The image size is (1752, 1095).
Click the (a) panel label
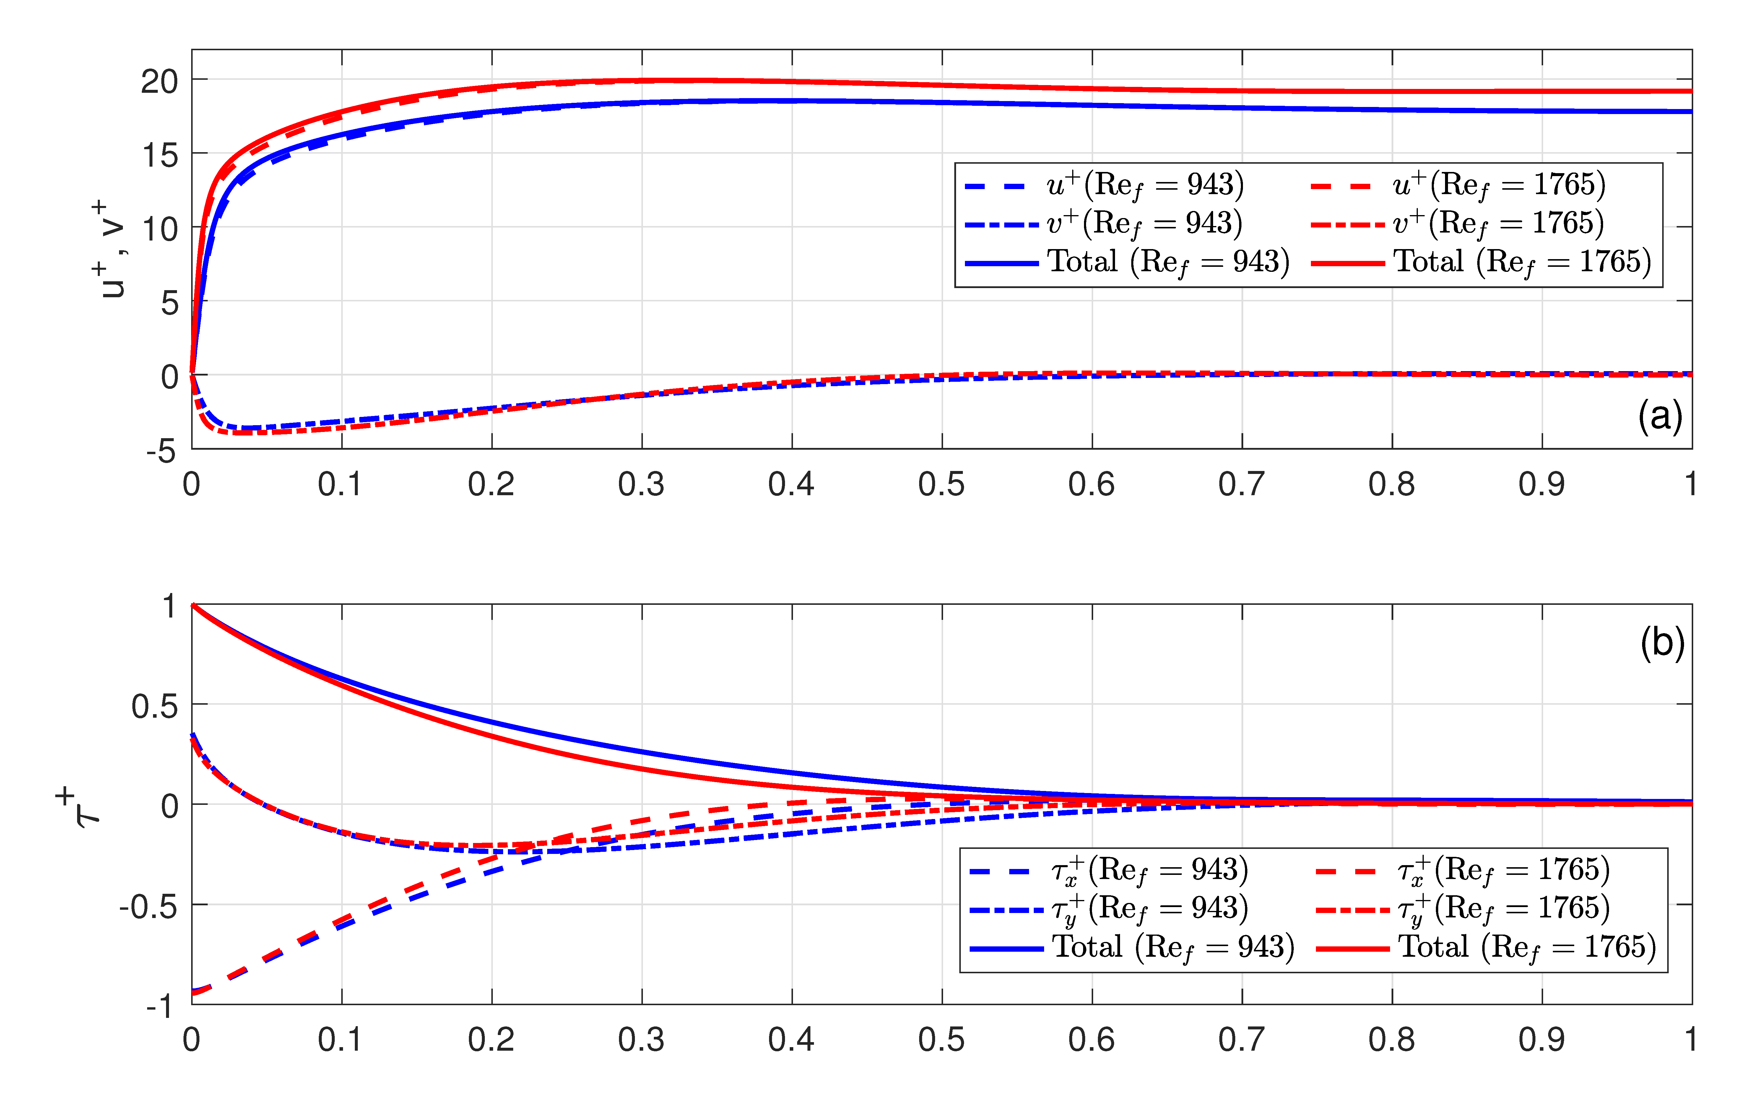1659,417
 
